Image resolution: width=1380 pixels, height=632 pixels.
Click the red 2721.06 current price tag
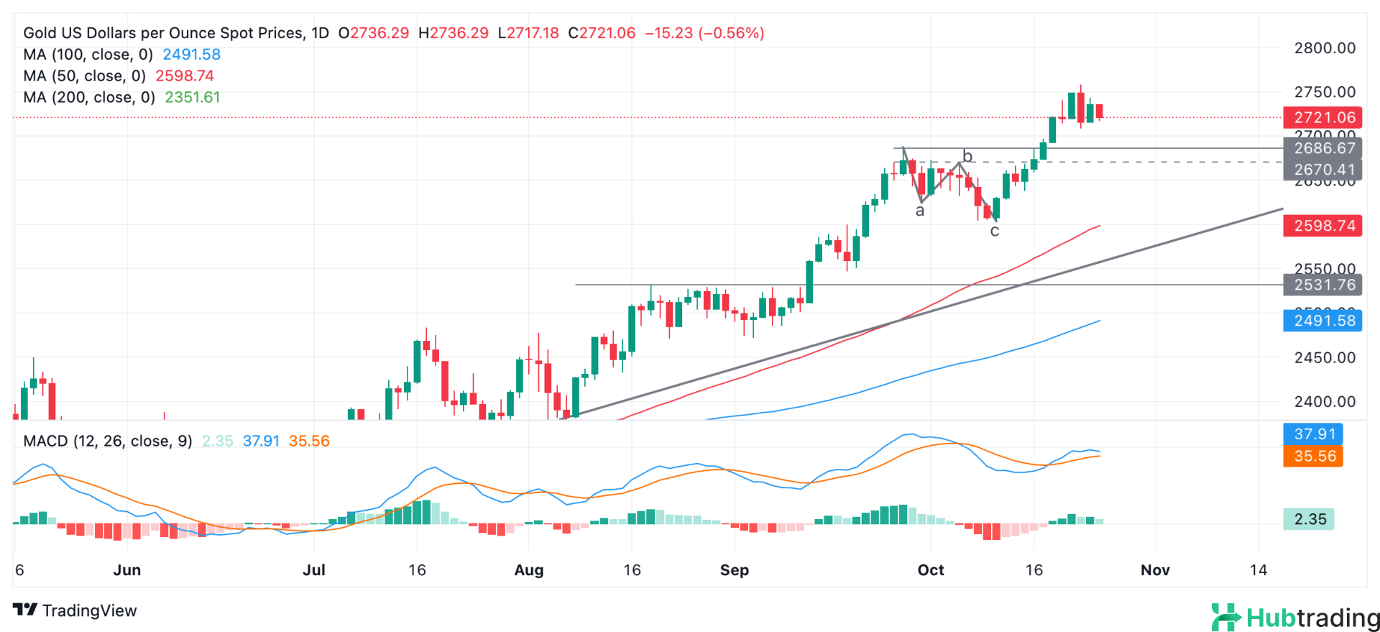point(1324,117)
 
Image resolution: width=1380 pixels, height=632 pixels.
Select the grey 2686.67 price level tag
point(1324,148)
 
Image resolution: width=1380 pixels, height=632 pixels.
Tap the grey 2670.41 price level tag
point(1324,170)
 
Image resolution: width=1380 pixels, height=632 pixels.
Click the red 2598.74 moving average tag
point(1324,226)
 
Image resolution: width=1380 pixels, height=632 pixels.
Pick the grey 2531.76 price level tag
point(1324,285)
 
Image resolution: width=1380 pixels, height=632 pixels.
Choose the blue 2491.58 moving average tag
point(1324,321)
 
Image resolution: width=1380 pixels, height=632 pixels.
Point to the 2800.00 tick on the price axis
point(1325,48)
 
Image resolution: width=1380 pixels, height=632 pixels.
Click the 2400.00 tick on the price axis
point(1325,402)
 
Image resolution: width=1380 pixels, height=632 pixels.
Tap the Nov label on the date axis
point(1155,570)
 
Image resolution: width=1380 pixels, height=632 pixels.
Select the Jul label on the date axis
point(314,570)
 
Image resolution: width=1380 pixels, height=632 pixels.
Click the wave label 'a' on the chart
point(920,211)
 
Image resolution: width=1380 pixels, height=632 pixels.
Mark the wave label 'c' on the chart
point(995,232)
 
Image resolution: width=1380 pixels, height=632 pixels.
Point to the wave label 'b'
point(967,157)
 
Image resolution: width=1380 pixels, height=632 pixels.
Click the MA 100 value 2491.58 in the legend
point(191,55)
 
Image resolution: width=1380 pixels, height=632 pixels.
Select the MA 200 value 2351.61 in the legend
point(193,98)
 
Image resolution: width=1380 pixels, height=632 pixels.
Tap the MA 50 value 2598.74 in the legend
point(185,76)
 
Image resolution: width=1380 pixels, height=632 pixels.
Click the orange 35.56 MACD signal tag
point(1314,456)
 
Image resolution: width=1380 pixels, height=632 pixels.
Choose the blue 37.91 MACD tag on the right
point(1314,434)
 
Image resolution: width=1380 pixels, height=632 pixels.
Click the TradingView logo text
point(75,610)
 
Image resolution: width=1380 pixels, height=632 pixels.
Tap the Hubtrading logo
point(1294,618)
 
